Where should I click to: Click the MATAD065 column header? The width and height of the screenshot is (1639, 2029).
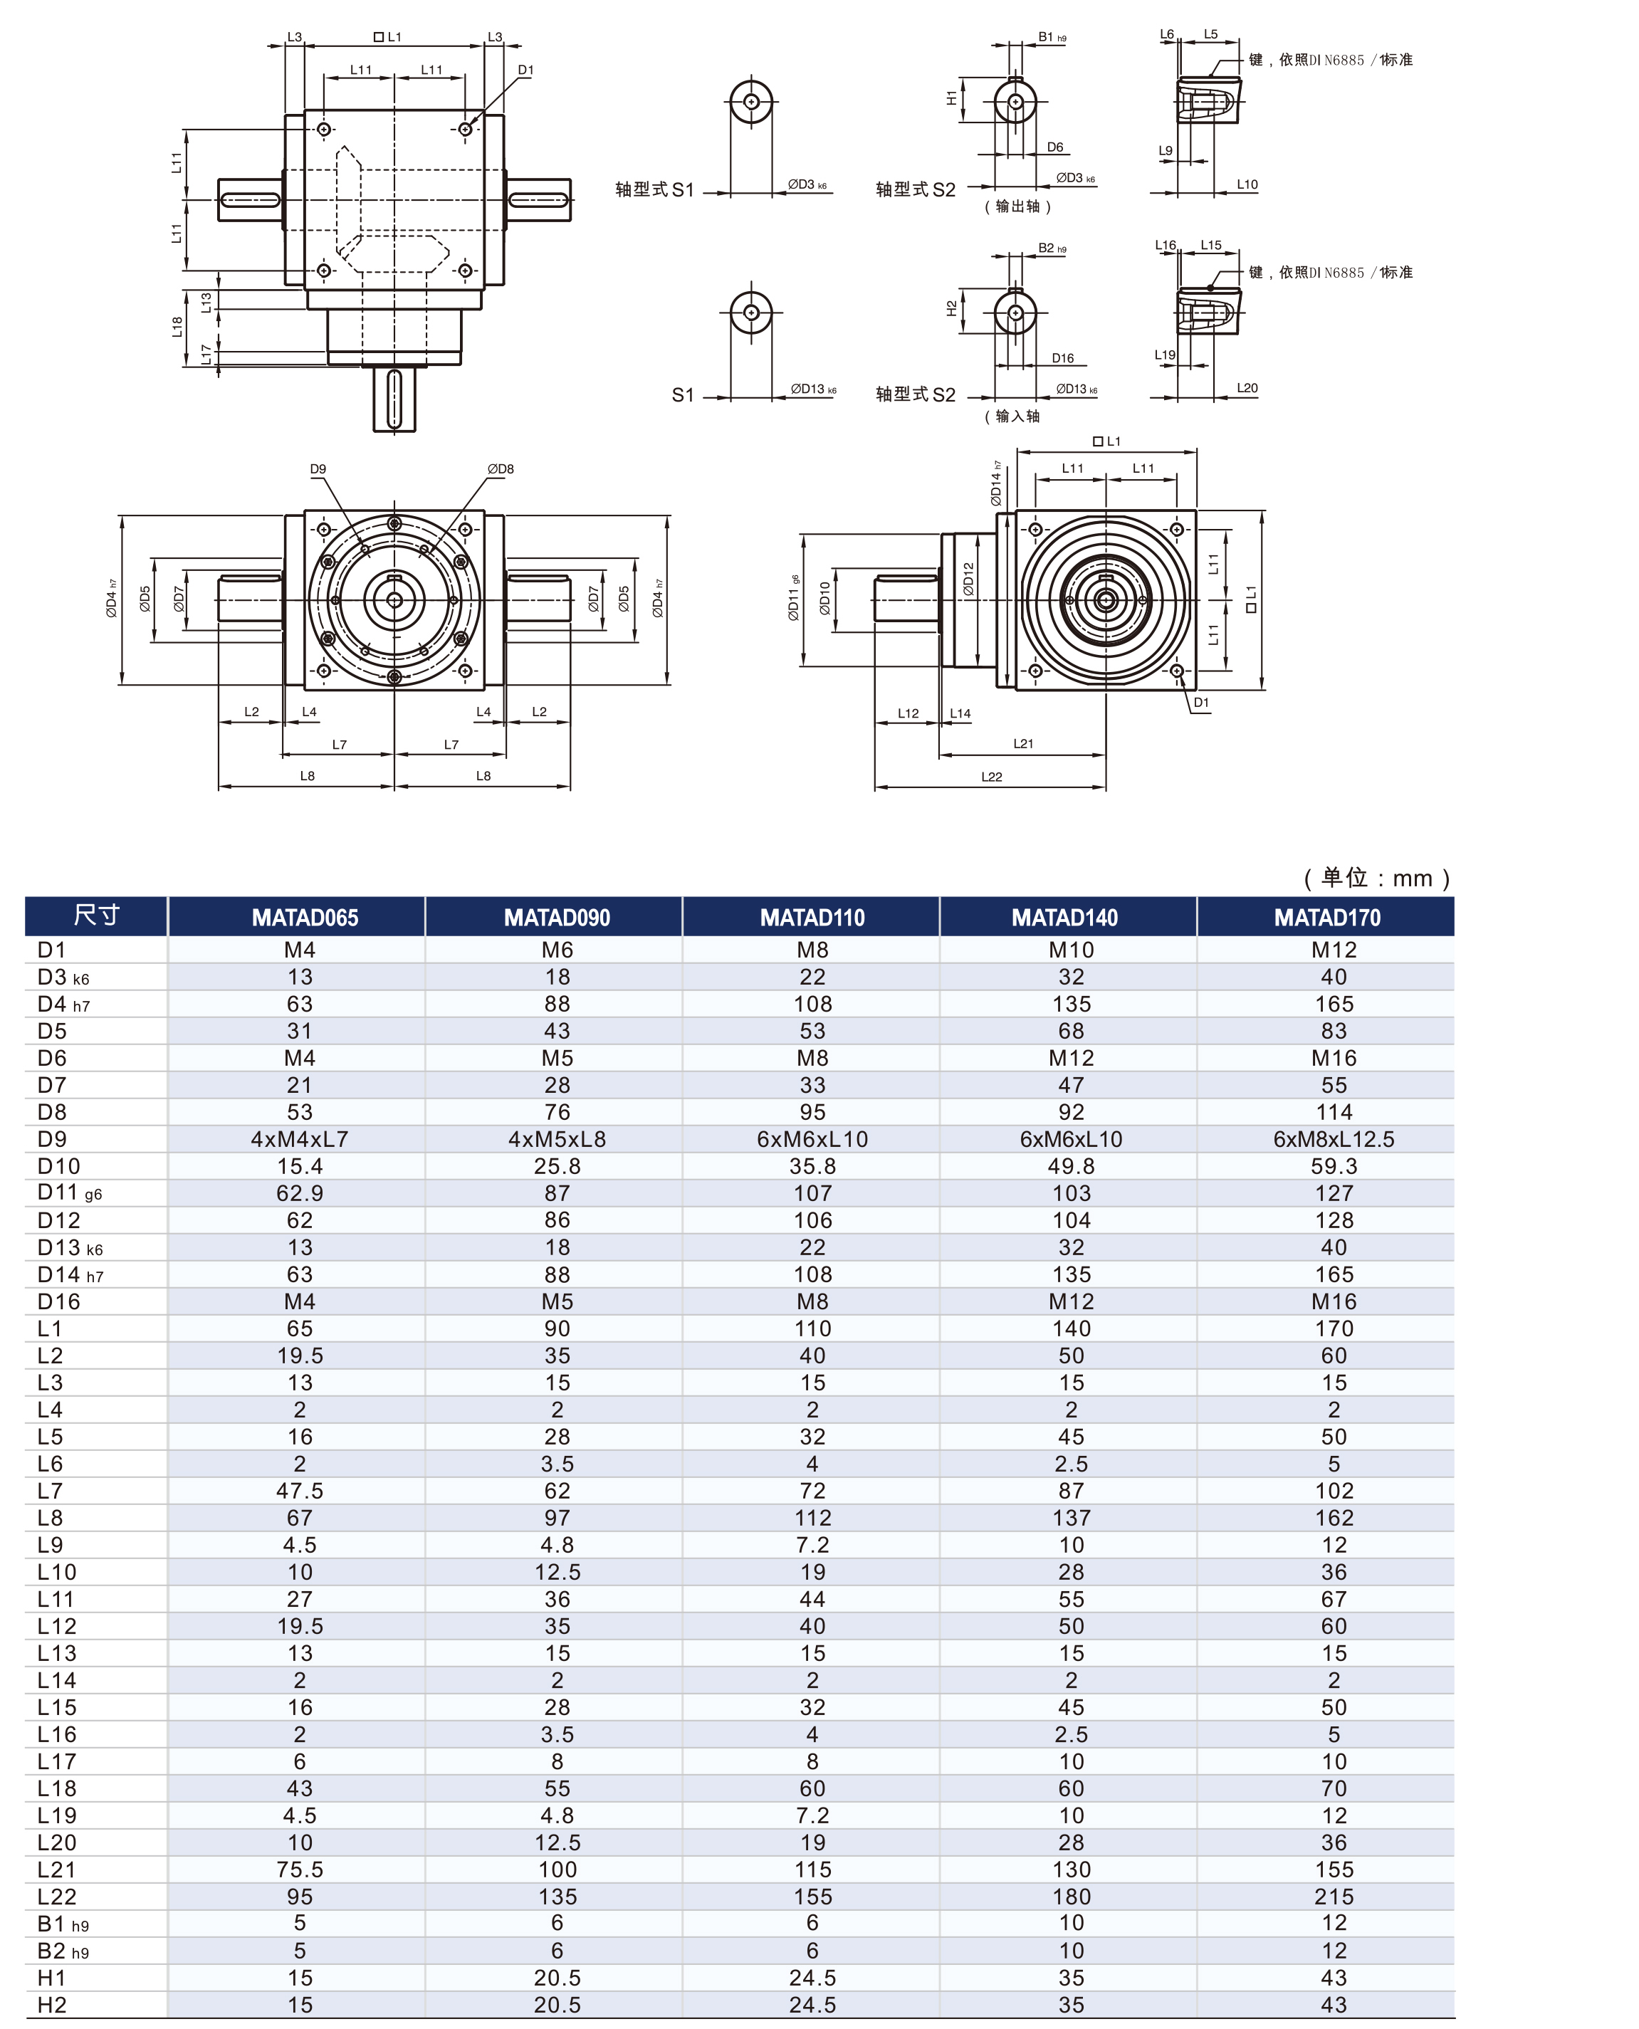click(x=304, y=917)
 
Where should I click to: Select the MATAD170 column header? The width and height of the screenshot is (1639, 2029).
click(x=1326, y=917)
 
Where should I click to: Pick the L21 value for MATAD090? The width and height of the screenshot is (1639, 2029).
click(x=557, y=1870)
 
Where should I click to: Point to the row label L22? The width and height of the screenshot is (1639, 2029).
click(x=57, y=1896)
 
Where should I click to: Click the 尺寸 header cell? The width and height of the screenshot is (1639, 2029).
click(x=96, y=915)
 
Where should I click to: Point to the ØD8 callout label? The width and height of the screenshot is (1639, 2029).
click(x=501, y=469)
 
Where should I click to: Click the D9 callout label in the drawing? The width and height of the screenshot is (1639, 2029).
click(x=318, y=469)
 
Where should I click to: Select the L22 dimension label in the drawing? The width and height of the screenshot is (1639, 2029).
click(x=991, y=777)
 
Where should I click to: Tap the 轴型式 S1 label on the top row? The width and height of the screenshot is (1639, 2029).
click(x=654, y=190)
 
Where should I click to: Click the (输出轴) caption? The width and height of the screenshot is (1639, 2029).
click(x=1017, y=206)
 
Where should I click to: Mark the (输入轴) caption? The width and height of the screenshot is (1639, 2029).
click(x=1012, y=416)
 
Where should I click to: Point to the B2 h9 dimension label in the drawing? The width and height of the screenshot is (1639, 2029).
click(x=1052, y=248)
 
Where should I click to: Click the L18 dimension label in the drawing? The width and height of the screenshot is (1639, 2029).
click(x=177, y=327)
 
